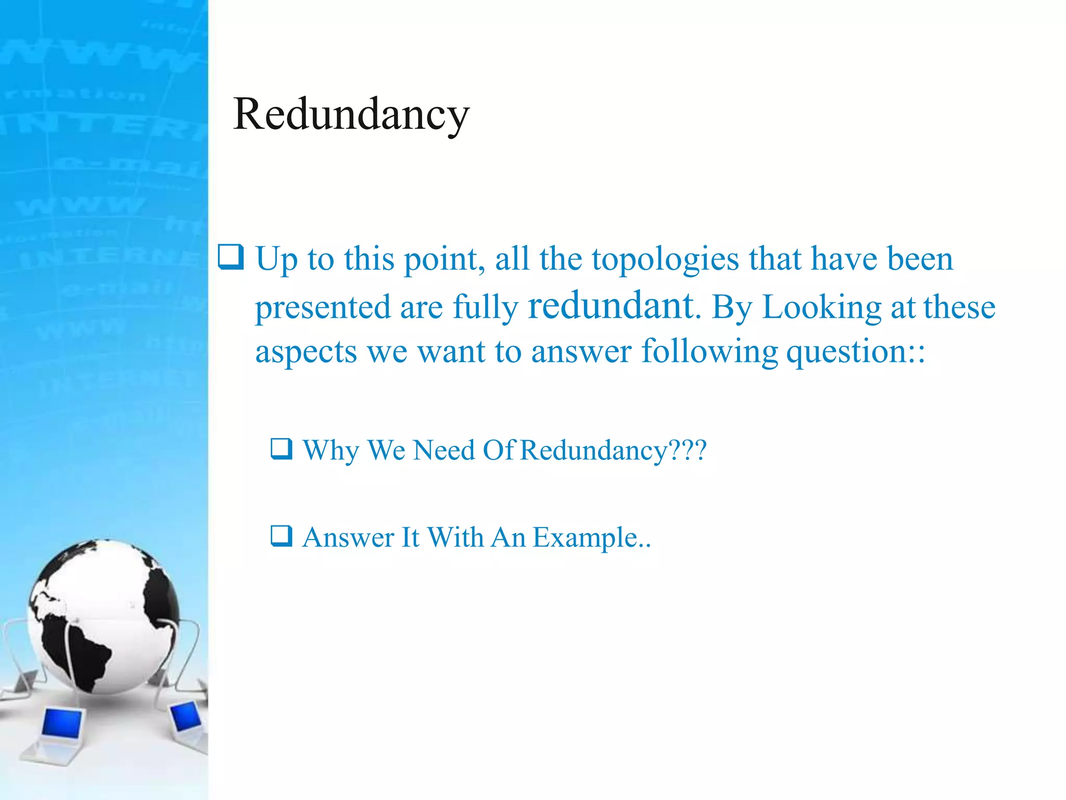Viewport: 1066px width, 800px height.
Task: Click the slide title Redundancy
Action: (351, 115)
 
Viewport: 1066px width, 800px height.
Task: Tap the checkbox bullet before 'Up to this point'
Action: (231, 257)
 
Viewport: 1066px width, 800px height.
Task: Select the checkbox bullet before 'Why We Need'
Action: (282, 448)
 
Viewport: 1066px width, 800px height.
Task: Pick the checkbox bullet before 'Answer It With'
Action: (282, 536)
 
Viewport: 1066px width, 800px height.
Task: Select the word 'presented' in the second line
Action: (323, 307)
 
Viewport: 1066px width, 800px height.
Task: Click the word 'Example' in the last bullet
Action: (586, 538)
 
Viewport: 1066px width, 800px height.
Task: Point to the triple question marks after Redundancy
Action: (687, 450)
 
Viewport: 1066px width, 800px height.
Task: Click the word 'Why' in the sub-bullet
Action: (331, 451)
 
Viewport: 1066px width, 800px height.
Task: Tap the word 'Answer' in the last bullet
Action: (348, 537)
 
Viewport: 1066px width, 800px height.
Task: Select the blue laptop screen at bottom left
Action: (62, 724)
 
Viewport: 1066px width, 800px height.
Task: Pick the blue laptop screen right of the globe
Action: (186, 716)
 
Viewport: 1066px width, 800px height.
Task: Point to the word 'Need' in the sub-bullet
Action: (443, 450)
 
